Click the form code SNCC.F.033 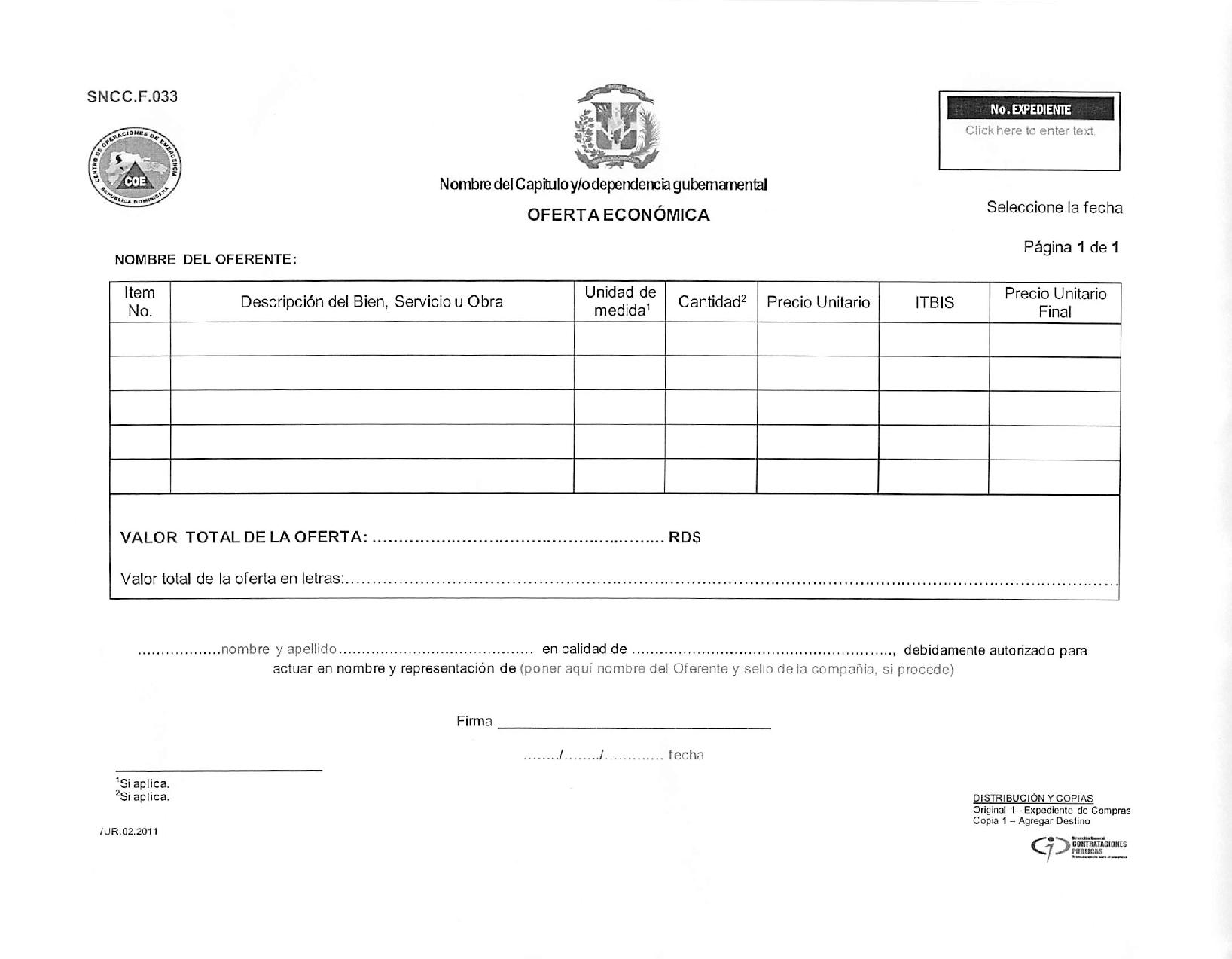click(x=132, y=96)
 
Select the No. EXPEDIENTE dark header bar click(x=1029, y=109)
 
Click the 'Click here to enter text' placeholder click(x=1029, y=131)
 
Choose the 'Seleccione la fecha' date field click(x=1054, y=208)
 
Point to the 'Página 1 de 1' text click(x=1071, y=247)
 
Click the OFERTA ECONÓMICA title click(x=618, y=215)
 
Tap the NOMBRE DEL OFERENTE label click(x=206, y=260)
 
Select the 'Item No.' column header click(x=139, y=302)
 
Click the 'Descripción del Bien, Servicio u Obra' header click(x=372, y=302)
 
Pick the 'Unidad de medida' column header click(x=620, y=302)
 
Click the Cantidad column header click(x=712, y=302)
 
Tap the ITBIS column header click(x=935, y=303)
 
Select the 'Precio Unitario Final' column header click(x=1055, y=303)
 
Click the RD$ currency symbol click(x=685, y=538)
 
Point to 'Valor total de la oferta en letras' click(x=233, y=579)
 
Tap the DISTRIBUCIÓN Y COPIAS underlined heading click(x=1032, y=799)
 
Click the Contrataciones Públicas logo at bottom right click(x=1078, y=848)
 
